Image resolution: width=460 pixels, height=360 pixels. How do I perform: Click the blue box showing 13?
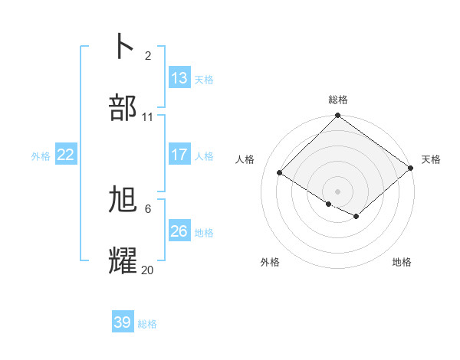(179, 77)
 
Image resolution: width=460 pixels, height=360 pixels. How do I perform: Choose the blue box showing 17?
(179, 154)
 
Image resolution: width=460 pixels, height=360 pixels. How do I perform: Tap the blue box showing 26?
(179, 231)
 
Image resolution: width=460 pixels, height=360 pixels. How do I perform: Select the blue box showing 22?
(66, 155)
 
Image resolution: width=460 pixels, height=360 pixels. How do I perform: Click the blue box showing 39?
(123, 322)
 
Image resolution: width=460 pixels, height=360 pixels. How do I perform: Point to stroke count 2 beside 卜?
(148, 55)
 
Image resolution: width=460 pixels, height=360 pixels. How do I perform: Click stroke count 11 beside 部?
(148, 117)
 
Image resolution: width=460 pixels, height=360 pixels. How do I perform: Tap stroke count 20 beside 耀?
(148, 270)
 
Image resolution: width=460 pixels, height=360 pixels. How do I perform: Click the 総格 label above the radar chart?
(338, 100)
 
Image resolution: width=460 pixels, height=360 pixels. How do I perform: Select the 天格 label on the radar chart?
(431, 159)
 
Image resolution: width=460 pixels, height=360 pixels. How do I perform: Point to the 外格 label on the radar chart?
(270, 262)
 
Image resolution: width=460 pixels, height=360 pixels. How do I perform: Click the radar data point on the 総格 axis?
(338, 116)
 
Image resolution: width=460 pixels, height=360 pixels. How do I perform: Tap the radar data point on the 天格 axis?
(412, 168)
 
